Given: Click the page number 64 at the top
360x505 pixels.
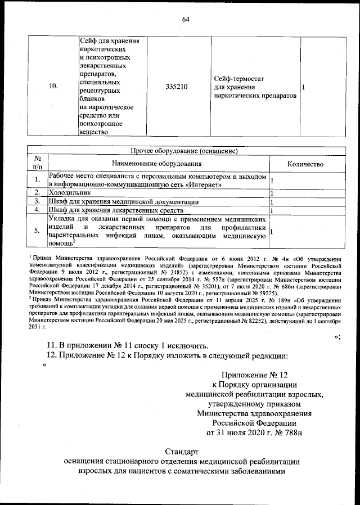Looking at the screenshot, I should coord(185,21).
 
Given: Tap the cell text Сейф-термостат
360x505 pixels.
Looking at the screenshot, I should coord(239,79).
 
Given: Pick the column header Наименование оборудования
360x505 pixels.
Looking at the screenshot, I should coord(158,164).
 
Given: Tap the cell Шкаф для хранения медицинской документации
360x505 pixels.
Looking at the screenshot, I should coord(123,201).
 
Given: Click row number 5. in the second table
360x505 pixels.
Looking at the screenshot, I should coord(37,231).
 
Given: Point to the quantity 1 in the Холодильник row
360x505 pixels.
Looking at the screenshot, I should coord(272,193).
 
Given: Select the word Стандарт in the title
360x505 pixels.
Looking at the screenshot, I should coord(183,452).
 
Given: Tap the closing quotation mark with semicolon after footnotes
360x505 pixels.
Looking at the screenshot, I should coord(337,336).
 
